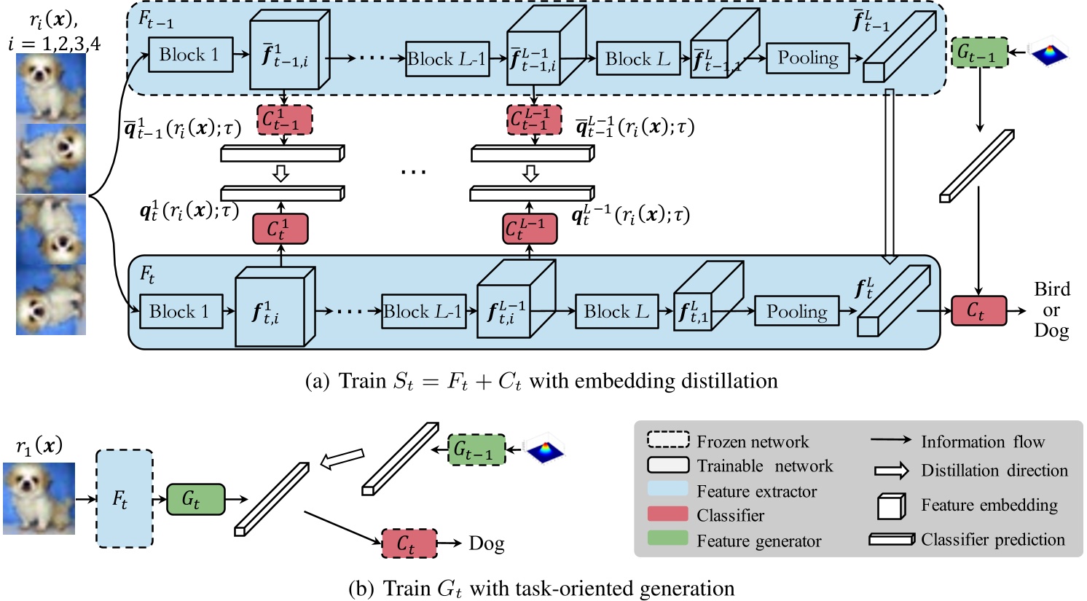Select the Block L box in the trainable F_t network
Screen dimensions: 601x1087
pyautogui.click(x=616, y=312)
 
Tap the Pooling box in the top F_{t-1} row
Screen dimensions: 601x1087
pyautogui.click(x=807, y=58)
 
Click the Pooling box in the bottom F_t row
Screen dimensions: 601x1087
pyautogui.click(x=796, y=312)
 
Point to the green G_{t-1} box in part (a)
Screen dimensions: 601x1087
pyautogui.click(x=980, y=53)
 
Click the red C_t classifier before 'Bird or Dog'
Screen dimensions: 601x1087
pyautogui.click(x=978, y=311)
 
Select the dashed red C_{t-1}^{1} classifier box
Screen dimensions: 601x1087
pyautogui.click(x=284, y=120)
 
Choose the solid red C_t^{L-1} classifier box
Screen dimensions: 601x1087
pyautogui.click(x=531, y=229)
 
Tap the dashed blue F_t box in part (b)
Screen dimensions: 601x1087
pyautogui.click(x=124, y=498)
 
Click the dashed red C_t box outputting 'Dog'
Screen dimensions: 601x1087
pyautogui.click(x=409, y=543)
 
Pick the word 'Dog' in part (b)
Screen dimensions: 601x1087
pyautogui.click(x=486, y=544)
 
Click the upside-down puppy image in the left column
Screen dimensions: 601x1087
pyautogui.click(x=51, y=229)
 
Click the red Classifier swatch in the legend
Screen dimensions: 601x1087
pyautogui.click(x=667, y=514)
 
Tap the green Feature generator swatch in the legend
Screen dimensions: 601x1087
pyautogui.click(x=667, y=539)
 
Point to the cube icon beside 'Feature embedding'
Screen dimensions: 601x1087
pyautogui.click(x=890, y=506)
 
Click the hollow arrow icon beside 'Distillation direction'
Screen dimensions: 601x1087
pyautogui.click(x=890, y=471)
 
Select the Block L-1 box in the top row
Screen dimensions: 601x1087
pyautogui.click(x=447, y=59)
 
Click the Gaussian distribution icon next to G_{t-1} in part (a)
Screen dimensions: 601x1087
pyautogui.click(x=1050, y=53)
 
